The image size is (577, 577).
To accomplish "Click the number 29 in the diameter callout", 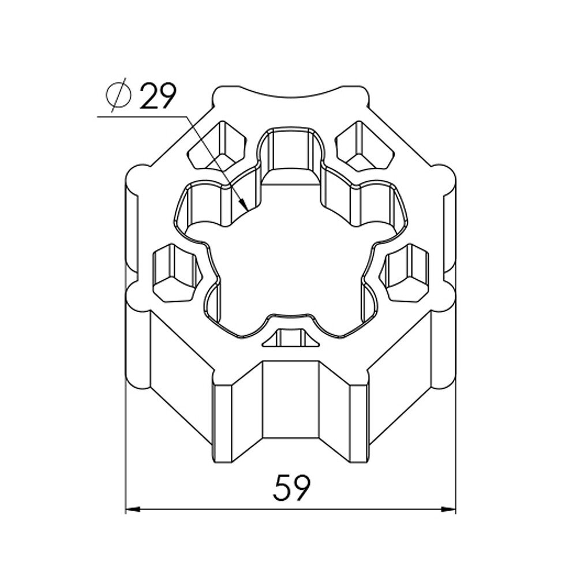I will pyautogui.click(x=156, y=96).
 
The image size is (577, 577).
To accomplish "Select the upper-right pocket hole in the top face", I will pyautogui.click(x=362, y=144).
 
